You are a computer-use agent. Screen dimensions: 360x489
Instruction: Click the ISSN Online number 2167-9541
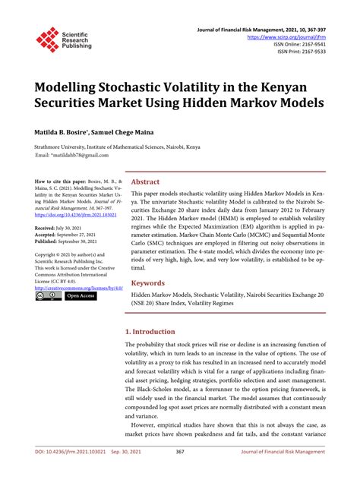(x=302, y=43)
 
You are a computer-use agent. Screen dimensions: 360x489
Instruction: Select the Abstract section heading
(x=145, y=182)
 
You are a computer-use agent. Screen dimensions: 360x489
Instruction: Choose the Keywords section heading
(x=148, y=282)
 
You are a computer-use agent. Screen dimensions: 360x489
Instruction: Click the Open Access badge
(x=81, y=296)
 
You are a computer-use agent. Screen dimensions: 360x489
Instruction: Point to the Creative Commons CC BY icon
(x=47, y=296)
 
